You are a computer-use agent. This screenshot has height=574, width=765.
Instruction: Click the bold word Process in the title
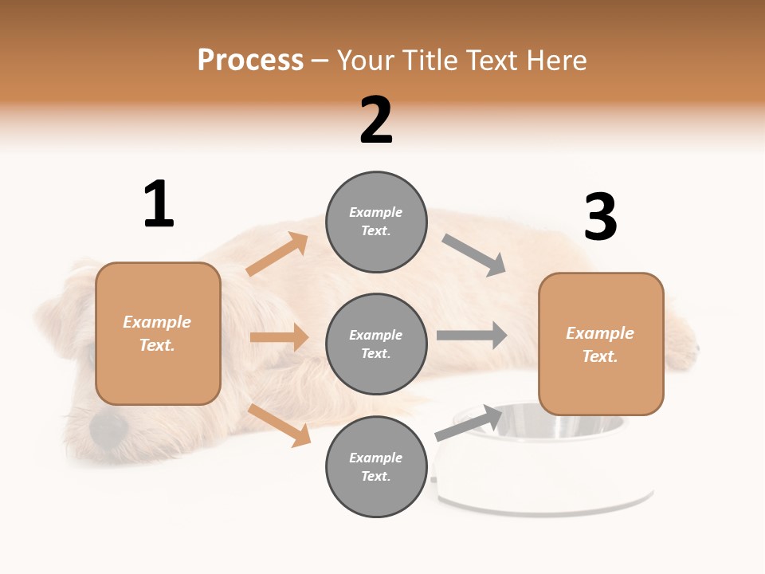point(250,61)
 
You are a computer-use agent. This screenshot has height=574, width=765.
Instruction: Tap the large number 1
point(159,204)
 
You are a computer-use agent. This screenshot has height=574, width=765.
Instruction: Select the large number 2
point(376,120)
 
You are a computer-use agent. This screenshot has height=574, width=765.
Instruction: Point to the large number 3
point(600,217)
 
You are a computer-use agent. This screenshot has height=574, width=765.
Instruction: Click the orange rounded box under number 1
point(158,333)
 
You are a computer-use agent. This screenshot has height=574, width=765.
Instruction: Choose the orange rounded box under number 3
point(601,344)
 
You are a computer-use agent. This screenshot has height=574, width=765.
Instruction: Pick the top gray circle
point(376,222)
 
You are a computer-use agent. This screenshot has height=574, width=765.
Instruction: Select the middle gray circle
point(376,344)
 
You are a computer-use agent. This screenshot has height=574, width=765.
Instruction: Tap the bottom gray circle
point(376,466)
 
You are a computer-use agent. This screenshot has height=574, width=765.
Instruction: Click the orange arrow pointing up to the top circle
point(277,254)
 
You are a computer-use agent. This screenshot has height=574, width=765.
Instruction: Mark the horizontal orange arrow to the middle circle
point(279,337)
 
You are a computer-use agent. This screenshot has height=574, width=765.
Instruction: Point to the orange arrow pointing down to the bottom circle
point(280,425)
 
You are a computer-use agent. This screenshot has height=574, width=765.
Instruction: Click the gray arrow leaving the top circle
point(474,254)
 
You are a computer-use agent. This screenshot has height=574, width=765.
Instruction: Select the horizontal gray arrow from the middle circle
point(472,335)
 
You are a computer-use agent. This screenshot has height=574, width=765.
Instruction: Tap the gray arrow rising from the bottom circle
point(469,423)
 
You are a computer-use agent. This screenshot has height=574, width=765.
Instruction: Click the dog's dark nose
point(108,430)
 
